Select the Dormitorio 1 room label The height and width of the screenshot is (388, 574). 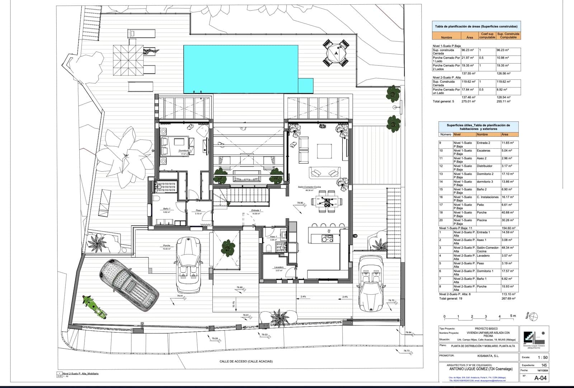pyautogui.click(x=185, y=151)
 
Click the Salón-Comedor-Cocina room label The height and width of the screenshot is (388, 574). pyautogui.click(x=309, y=187)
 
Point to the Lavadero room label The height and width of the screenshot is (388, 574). pyautogui.click(x=279, y=267)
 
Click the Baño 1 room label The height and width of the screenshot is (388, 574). pyautogui.click(x=166, y=209)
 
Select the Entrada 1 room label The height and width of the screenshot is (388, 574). pyautogui.click(x=256, y=210)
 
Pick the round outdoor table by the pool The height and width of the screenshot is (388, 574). pyautogui.click(x=336, y=53)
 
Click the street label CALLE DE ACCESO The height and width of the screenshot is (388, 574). pyautogui.click(x=246, y=361)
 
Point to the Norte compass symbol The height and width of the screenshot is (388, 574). pyautogui.click(x=533, y=316)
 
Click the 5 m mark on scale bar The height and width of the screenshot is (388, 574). pyautogui.click(x=513, y=316)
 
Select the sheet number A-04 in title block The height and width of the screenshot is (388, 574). pyautogui.click(x=541, y=378)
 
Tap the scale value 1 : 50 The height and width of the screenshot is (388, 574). pyautogui.click(x=542, y=357)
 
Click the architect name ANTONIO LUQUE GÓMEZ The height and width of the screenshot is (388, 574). pyautogui.click(x=481, y=369)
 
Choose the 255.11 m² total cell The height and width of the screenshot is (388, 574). pyautogui.click(x=504, y=101)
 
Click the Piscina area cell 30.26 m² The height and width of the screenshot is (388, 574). pyautogui.click(x=507, y=220)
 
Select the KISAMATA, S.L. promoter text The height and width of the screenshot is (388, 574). pyautogui.click(x=488, y=356)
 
